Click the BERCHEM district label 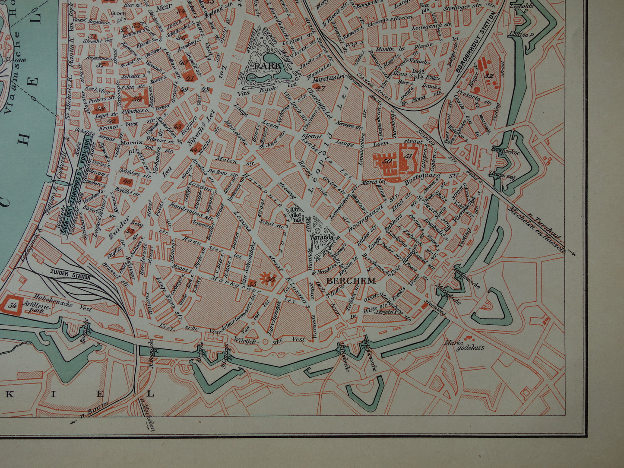click(x=351, y=281)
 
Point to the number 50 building click(x=387, y=161)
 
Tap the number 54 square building click(x=13, y=305)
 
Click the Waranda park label click(x=320, y=236)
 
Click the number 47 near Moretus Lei click(x=320, y=88)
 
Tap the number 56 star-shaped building click(x=270, y=278)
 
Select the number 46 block click(x=127, y=181)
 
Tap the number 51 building click(x=409, y=156)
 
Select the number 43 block click(x=177, y=126)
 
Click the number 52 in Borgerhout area click(x=488, y=76)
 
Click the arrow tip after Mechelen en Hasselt click(x=574, y=255)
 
